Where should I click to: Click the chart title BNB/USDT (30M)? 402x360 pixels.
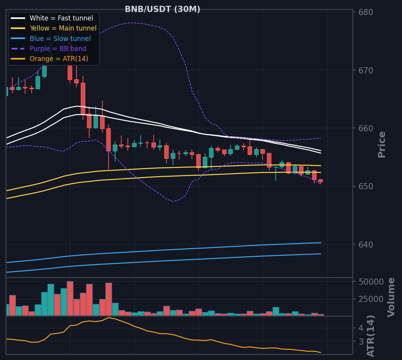pos(162,9)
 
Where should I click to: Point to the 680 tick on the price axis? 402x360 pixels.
pos(366,12)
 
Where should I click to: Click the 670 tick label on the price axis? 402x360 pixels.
pos(366,70)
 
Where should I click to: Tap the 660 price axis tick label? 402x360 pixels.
pos(366,128)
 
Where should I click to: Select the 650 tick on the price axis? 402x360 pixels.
pos(366,187)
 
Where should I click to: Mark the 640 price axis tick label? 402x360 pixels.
pos(366,245)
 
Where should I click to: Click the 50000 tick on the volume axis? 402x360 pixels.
pos(371,282)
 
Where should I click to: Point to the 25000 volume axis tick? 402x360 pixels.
pos(371,299)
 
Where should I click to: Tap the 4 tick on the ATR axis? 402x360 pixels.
pos(361,328)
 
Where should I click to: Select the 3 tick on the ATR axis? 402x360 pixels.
pos(361,341)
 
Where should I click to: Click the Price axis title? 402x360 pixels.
pos(382,144)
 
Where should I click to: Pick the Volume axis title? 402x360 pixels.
pos(391,297)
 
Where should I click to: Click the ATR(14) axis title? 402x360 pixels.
pos(371,336)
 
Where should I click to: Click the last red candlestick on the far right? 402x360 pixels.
pos(321,181)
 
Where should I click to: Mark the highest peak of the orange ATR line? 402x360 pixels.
pos(109,318)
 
